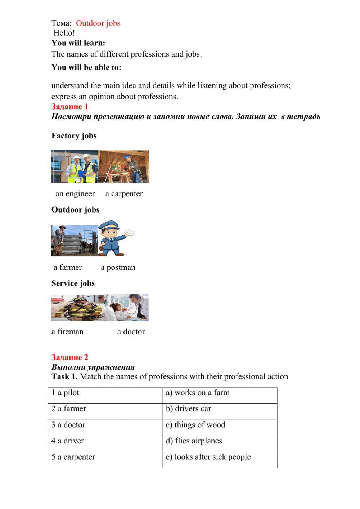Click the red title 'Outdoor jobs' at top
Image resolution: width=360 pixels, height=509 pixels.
point(98,23)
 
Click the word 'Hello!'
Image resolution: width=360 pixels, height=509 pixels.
point(64,33)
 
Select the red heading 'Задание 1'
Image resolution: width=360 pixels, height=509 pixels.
point(69,107)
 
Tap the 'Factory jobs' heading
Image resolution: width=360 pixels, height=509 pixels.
point(74,136)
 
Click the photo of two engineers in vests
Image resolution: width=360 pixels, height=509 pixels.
point(75,166)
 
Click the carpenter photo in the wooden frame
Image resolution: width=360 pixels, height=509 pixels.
point(124,166)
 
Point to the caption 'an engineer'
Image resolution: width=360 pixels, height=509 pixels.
point(75,194)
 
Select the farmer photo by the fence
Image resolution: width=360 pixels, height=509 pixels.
point(74,241)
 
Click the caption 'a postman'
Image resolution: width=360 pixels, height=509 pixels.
point(118,268)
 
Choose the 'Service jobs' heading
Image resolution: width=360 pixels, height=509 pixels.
point(73,283)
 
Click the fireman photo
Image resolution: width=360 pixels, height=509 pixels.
point(78,308)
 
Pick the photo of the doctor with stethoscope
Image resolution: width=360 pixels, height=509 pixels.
point(127,307)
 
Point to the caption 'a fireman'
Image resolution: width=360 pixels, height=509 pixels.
point(67,332)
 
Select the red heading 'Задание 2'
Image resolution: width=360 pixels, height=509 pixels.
point(69,357)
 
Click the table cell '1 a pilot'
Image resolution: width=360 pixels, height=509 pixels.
point(105,395)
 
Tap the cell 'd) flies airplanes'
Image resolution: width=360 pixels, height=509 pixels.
point(220,443)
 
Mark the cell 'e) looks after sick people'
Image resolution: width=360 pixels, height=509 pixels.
point(220,460)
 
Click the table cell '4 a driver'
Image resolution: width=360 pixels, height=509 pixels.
point(105,443)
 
